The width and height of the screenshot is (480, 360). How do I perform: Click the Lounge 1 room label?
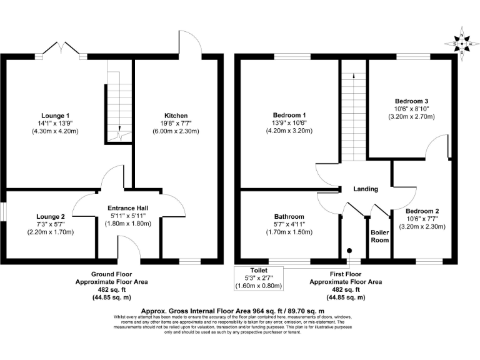pos(55,116)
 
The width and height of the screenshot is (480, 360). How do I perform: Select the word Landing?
pos(366,189)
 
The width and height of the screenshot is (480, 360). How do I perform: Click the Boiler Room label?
pos(379,236)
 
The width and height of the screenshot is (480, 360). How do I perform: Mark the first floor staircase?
pos(354,119)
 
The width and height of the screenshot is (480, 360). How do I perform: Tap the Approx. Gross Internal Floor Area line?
pos(232,311)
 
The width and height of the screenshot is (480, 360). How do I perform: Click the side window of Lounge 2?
pos(2,212)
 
